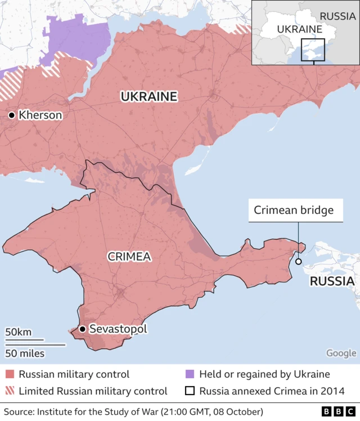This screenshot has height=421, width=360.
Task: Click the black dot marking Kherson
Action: pos(11,115)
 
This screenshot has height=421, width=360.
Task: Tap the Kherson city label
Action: pos(40,115)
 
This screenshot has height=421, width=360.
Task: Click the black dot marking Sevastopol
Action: pos(82,329)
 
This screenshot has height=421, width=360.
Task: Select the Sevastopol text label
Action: pos(118,329)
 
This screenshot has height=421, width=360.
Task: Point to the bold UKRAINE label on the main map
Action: pos(149,97)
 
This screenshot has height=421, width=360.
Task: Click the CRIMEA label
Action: pos(129,257)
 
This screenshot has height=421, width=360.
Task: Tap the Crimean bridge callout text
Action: pos(294,210)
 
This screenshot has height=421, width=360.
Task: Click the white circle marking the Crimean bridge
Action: pos(298,261)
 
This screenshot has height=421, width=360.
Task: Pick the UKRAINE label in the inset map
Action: pos(299,29)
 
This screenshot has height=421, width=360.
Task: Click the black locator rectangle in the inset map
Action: pos(313,50)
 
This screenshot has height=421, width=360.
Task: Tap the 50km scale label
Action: pos(19,332)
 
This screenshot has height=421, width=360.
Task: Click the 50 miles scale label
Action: pos(25,353)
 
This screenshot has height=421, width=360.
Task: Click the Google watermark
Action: pos(341,353)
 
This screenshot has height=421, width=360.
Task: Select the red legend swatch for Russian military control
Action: pos(10,374)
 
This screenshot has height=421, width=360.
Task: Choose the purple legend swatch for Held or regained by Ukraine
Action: pos(190,374)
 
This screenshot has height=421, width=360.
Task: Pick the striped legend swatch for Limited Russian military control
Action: pos(10,391)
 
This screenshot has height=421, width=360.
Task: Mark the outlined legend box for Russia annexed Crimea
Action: pos(190,391)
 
